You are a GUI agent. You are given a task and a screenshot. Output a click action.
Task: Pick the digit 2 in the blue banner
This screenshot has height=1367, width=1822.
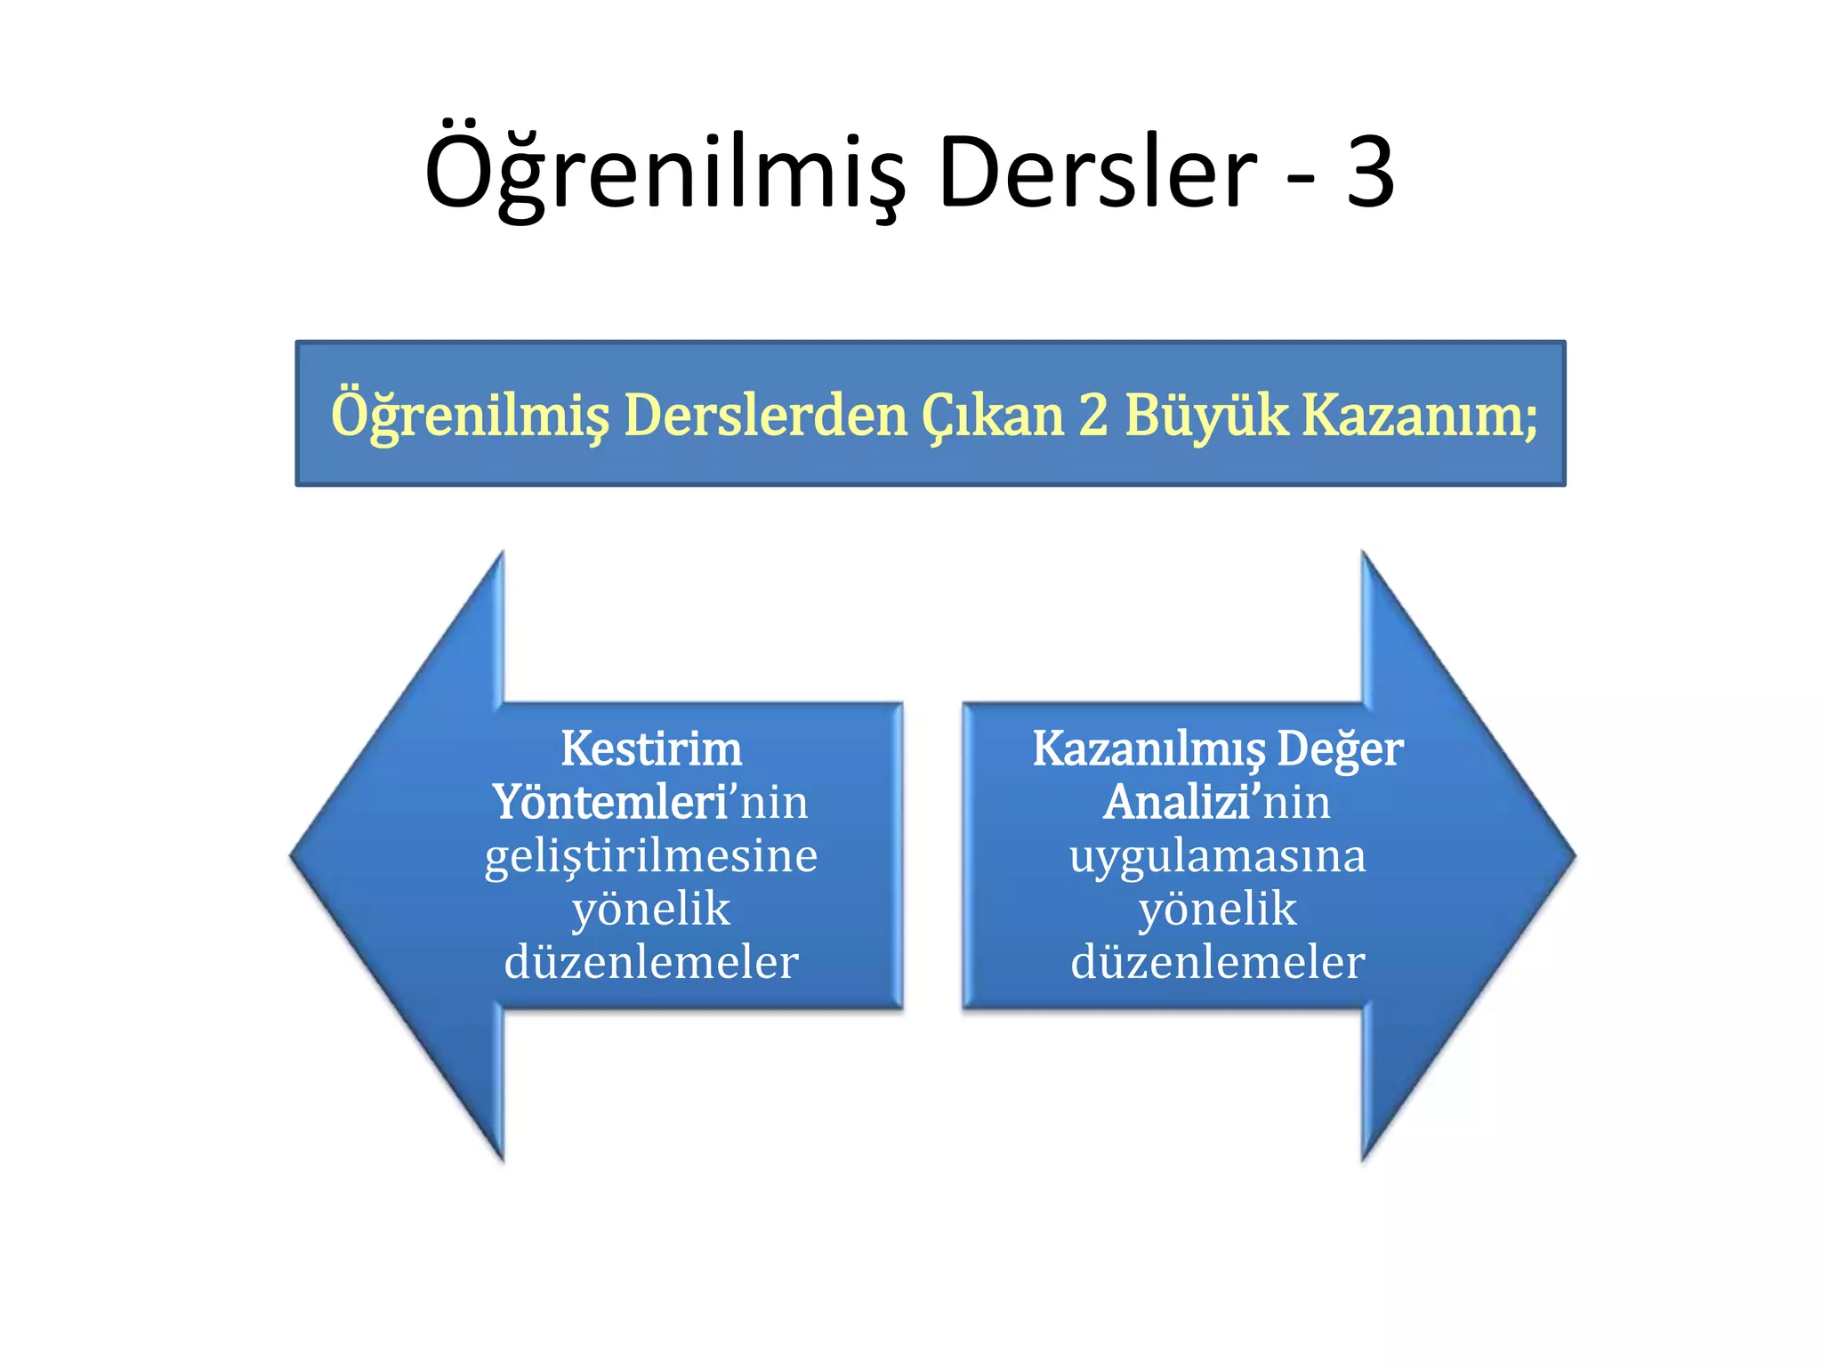coord(1093,415)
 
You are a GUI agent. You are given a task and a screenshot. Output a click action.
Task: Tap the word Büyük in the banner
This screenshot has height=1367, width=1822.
coord(1205,415)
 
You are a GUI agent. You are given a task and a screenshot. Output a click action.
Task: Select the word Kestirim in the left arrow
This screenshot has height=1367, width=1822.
coord(651,748)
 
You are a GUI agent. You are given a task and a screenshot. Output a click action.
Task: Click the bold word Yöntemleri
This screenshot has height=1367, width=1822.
coord(610,802)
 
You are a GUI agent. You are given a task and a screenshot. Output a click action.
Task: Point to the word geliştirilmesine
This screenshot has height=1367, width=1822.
coord(651,856)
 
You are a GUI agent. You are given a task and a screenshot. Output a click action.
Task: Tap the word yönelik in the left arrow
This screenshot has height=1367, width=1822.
coord(651,910)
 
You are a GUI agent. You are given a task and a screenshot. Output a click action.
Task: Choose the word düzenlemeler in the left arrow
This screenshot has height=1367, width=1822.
coord(651,962)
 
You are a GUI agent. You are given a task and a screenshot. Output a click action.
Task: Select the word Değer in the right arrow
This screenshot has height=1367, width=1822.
coord(1340,748)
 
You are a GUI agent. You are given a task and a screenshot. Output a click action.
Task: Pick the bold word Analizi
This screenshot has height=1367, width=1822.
coord(1180,802)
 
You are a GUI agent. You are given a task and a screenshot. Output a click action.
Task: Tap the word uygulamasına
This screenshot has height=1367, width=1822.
coord(1217,856)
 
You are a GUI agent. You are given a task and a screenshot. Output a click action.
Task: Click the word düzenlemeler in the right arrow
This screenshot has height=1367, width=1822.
coord(1217,962)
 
